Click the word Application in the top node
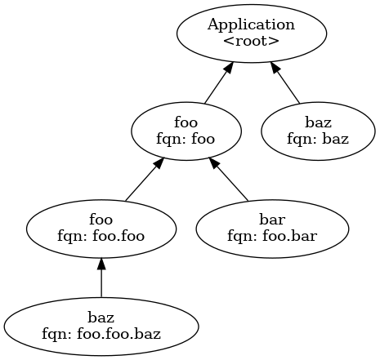pyautogui.click(x=252, y=25)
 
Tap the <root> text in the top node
pyautogui.click(x=252, y=40)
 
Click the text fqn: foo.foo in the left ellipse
pyautogui.click(x=101, y=236)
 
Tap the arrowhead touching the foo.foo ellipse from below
pyautogui.click(x=101, y=263)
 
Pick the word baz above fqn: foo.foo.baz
pyautogui.click(x=101, y=317)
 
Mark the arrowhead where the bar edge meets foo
pyautogui.click(x=215, y=164)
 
